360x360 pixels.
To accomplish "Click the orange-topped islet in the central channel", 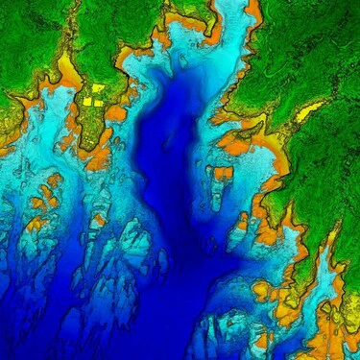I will click(x=223, y=174).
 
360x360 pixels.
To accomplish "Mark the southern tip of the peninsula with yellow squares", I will click(x=93, y=144).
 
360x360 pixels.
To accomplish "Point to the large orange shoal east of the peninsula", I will click(x=116, y=112).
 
